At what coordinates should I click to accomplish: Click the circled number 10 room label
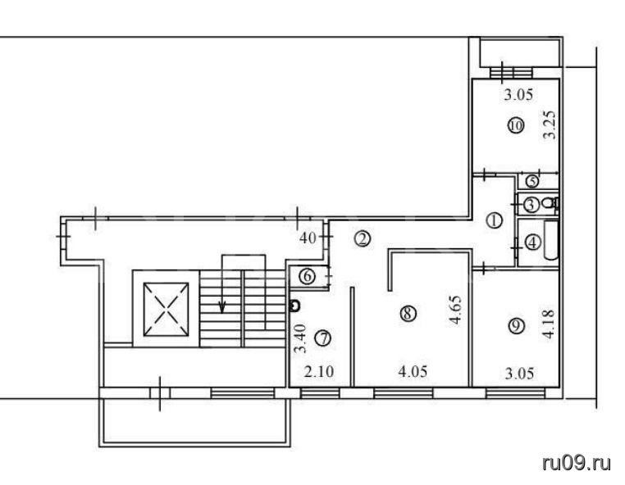(x=516, y=126)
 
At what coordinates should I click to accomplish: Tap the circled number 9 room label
(x=516, y=326)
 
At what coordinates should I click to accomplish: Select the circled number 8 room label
(x=408, y=314)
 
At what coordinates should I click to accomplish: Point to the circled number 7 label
(x=322, y=338)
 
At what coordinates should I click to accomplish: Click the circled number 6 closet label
(x=308, y=276)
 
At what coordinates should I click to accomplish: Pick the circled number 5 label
(x=532, y=182)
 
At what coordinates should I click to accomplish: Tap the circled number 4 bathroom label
(x=533, y=242)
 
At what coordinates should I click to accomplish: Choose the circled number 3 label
(x=531, y=205)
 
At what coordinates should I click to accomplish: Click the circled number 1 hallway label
(x=495, y=220)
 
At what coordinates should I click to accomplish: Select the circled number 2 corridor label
(x=363, y=239)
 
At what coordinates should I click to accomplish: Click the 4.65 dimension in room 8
(x=456, y=310)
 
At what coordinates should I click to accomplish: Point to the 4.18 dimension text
(x=549, y=324)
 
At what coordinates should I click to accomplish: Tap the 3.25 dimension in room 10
(x=550, y=125)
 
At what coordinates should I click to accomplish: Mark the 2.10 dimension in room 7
(x=319, y=372)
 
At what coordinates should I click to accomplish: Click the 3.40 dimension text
(x=299, y=338)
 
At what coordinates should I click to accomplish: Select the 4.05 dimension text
(x=413, y=372)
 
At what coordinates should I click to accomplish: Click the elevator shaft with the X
(x=166, y=309)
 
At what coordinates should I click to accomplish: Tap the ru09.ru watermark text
(x=577, y=464)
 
